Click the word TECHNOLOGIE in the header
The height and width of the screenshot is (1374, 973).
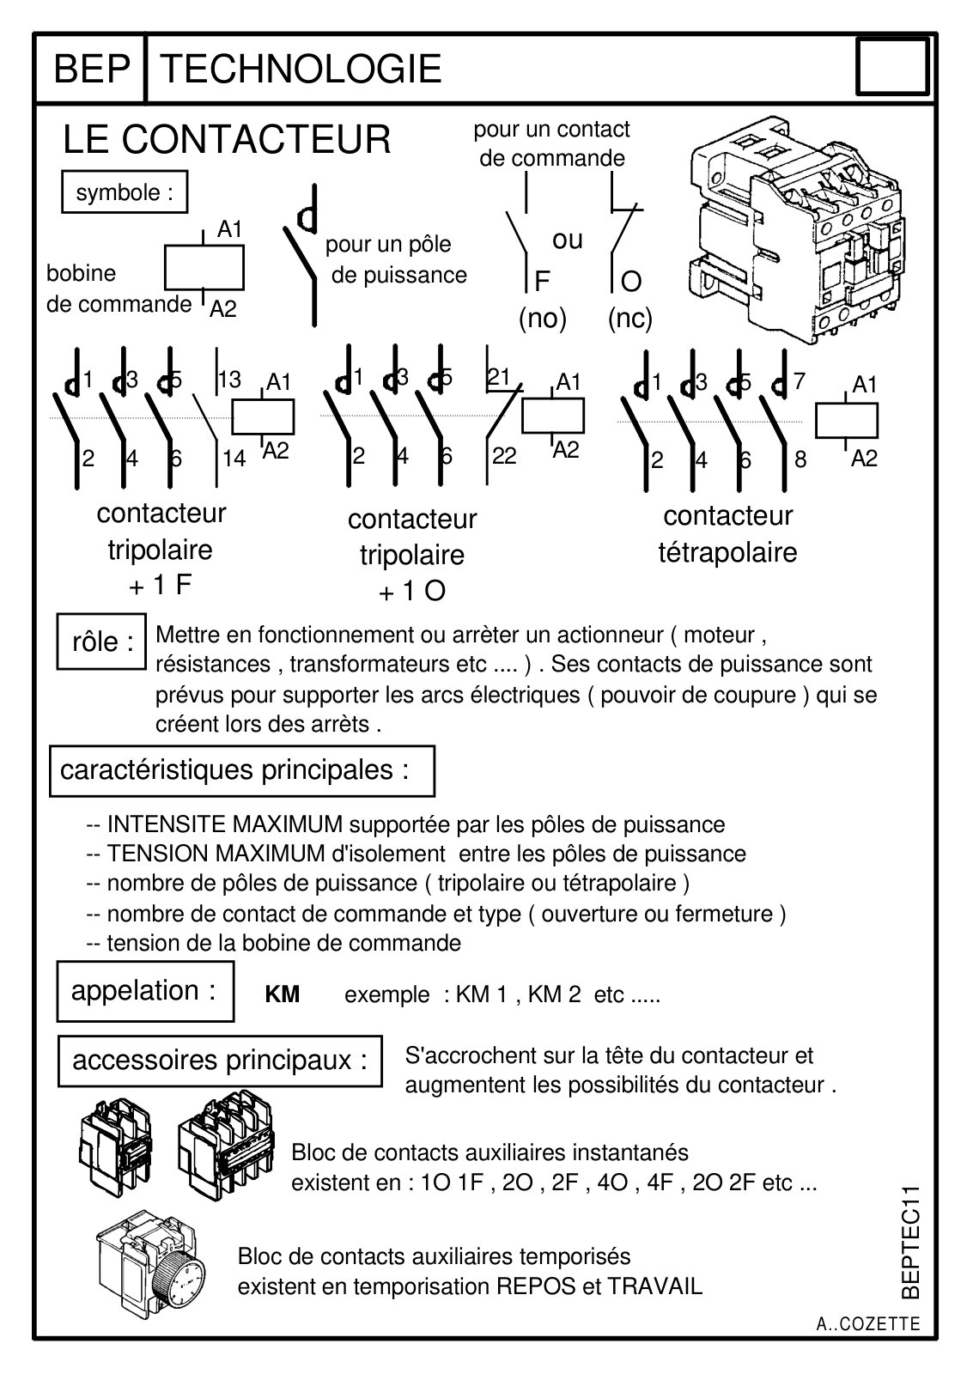(301, 68)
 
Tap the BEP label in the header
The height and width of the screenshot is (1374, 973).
(92, 68)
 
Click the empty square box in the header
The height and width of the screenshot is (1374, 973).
(892, 67)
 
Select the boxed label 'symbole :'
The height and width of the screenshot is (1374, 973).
(125, 192)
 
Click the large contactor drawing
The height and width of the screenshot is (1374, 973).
(798, 230)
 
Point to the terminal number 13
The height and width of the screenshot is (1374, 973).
(229, 379)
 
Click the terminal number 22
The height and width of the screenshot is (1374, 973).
(504, 456)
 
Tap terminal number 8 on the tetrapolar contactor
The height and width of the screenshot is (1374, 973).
(800, 459)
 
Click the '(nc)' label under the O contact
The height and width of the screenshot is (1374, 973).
(630, 319)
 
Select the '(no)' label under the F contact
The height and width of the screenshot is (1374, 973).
(543, 319)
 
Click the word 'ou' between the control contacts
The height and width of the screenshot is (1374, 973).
(568, 240)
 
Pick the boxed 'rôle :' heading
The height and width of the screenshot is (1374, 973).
(102, 641)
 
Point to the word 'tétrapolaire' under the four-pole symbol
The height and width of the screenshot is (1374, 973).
(727, 553)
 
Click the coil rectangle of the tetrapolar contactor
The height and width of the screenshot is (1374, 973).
(847, 420)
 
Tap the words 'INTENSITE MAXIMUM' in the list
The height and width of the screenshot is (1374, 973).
(224, 824)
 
